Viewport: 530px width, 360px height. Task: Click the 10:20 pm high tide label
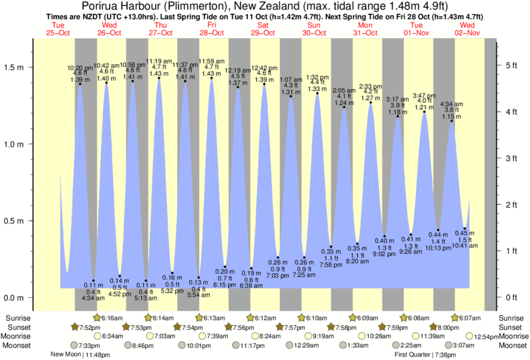(x=80, y=68)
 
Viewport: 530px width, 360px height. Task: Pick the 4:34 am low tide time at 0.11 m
(x=93, y=298)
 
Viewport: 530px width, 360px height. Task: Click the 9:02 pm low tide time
(x=384, y=254)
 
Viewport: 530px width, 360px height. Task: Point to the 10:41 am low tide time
(x=465, y=246)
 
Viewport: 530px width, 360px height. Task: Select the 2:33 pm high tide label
(x=370, y=87)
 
